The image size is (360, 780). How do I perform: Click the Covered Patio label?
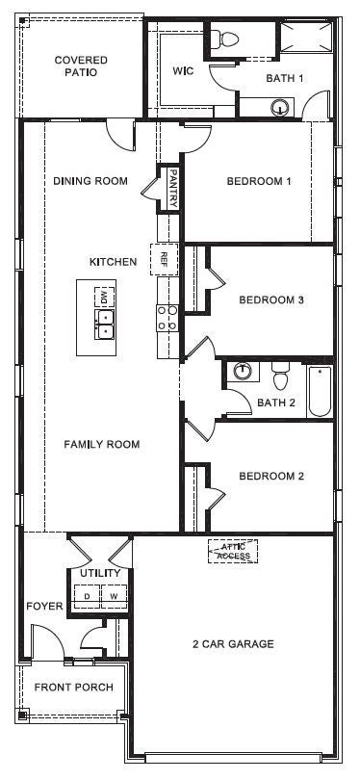81,65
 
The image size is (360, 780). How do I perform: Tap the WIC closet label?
183,71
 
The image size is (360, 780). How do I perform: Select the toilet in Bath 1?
227,39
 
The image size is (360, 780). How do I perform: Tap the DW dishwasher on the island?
103,298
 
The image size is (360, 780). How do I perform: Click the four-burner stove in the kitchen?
167,319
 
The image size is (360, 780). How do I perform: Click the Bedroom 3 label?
271,300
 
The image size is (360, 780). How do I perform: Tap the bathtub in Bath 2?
320,390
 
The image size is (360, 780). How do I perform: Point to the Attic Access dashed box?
232,550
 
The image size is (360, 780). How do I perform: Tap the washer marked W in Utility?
114,595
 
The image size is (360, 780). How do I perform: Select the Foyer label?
44,607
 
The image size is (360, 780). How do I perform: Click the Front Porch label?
73,688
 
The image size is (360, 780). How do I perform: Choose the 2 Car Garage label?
234,643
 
